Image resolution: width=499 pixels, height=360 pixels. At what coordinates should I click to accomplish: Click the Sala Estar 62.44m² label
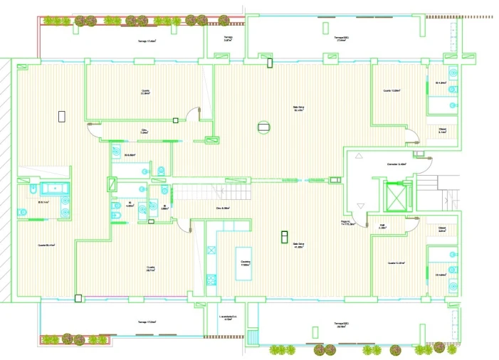point(299,110)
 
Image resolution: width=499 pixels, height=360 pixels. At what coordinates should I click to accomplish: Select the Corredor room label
point(396,165)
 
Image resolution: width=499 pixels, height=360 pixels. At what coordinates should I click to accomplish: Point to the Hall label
point(382,227)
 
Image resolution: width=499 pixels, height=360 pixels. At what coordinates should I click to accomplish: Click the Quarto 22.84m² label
point(145,92)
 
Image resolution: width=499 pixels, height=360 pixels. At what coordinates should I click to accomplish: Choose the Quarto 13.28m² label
point(392,91)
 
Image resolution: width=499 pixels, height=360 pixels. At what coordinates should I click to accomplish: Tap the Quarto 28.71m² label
point(151,269)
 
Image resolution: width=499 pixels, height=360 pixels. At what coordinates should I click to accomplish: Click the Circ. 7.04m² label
point(143,132)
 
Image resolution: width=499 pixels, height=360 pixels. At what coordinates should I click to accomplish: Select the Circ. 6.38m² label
point(222,208)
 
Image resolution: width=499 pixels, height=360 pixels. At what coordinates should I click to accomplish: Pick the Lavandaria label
point(228,318)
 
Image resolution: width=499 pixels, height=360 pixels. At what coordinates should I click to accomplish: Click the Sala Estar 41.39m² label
point(299,246)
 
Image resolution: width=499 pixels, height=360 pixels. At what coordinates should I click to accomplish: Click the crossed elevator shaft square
point(393,197)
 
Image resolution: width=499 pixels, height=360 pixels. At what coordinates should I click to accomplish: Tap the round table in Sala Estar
point(264,127)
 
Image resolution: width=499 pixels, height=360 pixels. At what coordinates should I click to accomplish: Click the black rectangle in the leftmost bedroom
point(61,116)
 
